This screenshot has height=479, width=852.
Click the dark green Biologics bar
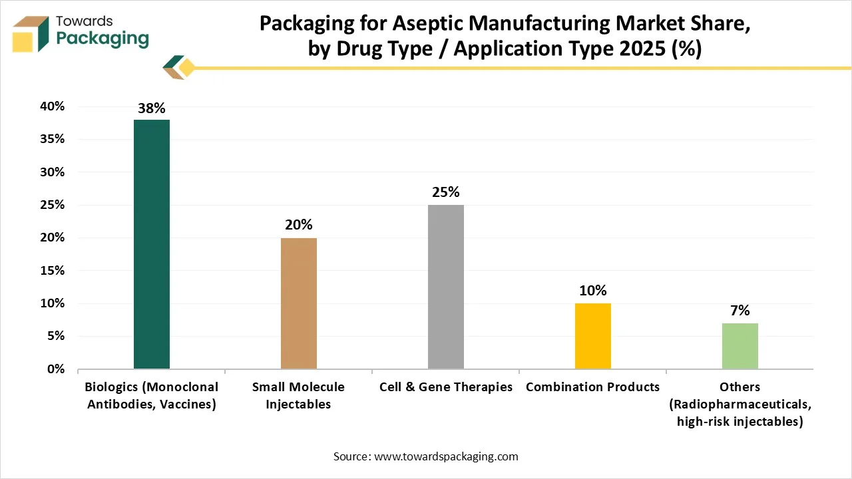152,244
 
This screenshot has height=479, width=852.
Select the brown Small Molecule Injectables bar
299,303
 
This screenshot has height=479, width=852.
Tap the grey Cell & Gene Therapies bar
446,287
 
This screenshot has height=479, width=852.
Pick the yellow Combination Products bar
593,336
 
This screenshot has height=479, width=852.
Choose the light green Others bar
740,346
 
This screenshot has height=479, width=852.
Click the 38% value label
152,108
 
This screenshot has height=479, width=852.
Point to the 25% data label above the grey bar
446,192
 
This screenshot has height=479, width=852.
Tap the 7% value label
740,311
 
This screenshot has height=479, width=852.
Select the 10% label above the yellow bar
593,291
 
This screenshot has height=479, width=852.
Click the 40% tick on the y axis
51,106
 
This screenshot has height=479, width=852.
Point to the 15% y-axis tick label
51,271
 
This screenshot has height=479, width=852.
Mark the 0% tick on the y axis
55,369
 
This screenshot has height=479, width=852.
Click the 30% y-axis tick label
51,172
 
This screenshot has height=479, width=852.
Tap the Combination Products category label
593,387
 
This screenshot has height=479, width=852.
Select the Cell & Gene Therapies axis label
446,387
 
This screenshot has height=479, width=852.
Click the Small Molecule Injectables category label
299,395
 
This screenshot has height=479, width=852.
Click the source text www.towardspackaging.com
446,456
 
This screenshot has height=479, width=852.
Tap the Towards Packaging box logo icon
31,33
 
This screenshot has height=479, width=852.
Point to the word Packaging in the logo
103,39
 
